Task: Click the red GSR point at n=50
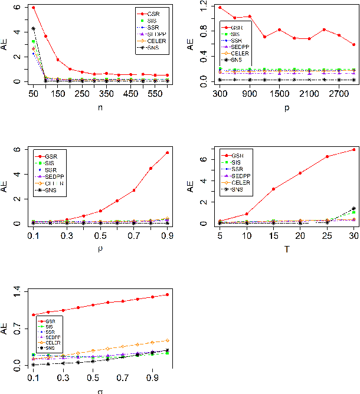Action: click(x=33, y=8)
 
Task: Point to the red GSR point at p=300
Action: click(x=220, y=8)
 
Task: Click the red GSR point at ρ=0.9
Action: click(x=168, y=153)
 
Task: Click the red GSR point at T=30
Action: click(x=354, y=150)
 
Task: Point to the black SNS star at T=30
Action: click(x=354, y=208)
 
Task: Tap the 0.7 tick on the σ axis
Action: click(x=123, y=377)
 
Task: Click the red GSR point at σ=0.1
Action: click(x=33, y=315)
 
